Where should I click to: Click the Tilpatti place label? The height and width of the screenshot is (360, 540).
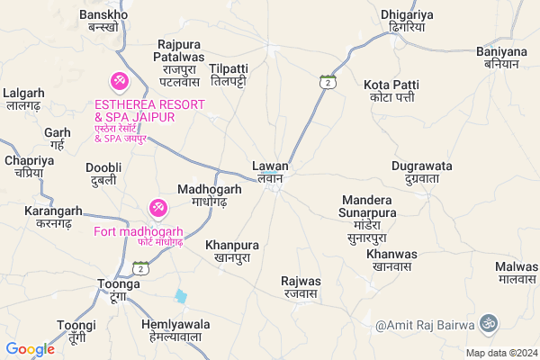[x=229, y=75]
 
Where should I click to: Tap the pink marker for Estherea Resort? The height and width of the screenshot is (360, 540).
[x=118, y=82]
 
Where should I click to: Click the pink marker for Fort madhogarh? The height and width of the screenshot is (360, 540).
[x=157, y=209]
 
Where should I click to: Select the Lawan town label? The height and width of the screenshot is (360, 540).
[x=270, y=171]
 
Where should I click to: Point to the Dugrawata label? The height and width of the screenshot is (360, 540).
[x=421, y=173]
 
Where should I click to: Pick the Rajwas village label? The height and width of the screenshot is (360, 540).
[x=300, y=286]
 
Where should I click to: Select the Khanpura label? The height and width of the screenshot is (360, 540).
[x=232, y=250]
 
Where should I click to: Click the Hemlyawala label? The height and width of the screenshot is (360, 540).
[x=175, y=330]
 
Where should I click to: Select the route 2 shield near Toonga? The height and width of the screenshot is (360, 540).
[x=139, y=267]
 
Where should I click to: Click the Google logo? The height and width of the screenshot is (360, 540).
[x=31, y=348]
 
